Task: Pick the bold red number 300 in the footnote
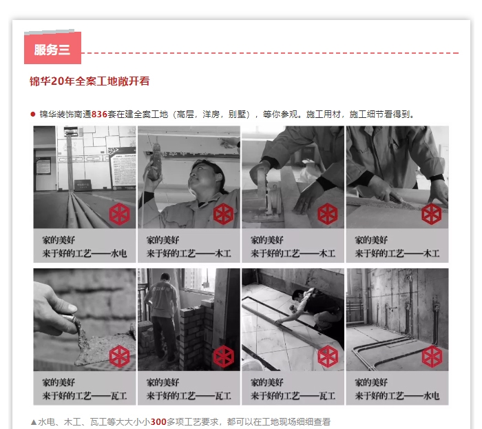tap(158, 421)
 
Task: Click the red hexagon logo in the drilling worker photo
tap(223, 214)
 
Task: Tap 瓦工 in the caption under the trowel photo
tap(118, 396)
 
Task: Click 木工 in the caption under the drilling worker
tap(222, 254)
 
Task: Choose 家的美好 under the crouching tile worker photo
tap(266, 381)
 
